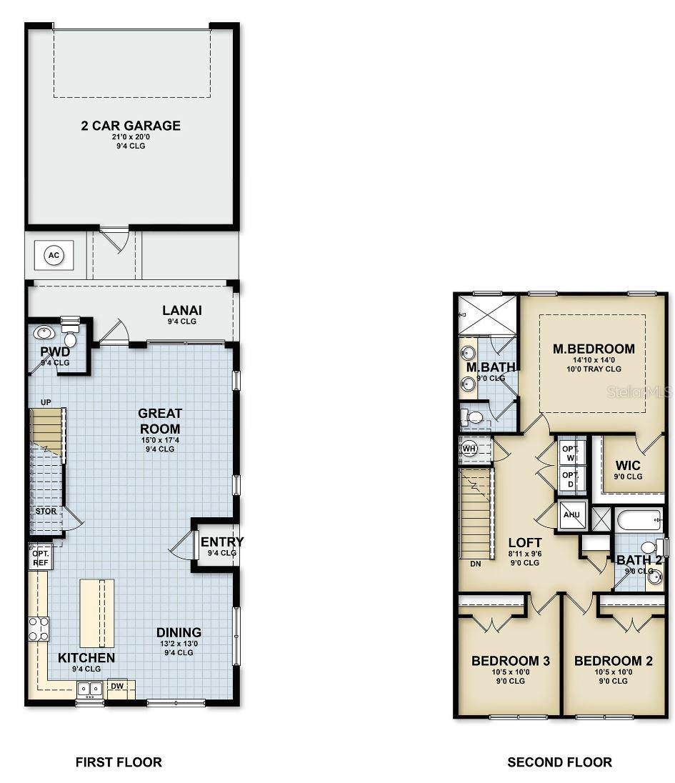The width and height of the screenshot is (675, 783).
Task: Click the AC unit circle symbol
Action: (x=54, y=254)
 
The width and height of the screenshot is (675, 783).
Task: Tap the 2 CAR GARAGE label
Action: (x=131, y=126)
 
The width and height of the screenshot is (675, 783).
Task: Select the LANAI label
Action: (x=182, y=310)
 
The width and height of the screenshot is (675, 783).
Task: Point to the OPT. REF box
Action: (x=39, y=558)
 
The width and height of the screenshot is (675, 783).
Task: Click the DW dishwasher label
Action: (x=117, y=686)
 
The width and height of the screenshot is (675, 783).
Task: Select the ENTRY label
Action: (x=221, y=542)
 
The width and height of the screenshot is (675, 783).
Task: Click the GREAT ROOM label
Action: (x=160, y=420)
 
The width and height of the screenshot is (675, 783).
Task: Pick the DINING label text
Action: (x=179, y=632)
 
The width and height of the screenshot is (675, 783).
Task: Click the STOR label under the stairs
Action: (x=46, y=512)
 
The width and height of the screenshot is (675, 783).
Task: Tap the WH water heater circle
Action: (x=469, y=449)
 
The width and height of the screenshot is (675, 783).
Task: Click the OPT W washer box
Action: (x=570, y=452)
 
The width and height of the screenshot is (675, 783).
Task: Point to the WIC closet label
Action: (x=629, y=466)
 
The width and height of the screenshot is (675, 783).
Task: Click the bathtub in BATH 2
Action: (x=639, y=519)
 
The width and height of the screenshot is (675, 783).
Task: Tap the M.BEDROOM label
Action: (x=594, y=349)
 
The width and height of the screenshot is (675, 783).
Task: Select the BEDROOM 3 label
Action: (x=510, y=661)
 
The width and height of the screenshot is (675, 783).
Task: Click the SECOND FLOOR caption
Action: (x=559, y=762)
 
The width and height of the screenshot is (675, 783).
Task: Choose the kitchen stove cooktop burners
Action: (x=39, y=629)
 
